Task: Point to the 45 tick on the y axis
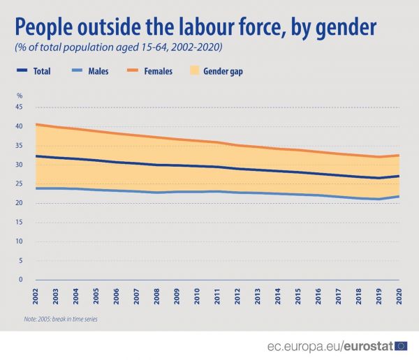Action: (x=19, y=107)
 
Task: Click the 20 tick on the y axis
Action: (x=19, y=203)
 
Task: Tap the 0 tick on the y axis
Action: (x=21, y=280)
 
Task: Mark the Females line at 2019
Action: (x=378, y=157)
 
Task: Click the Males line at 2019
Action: (x=378, y=200)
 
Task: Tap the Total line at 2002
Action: (x=36, y=156)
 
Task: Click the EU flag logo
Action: (x=402, y=345)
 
